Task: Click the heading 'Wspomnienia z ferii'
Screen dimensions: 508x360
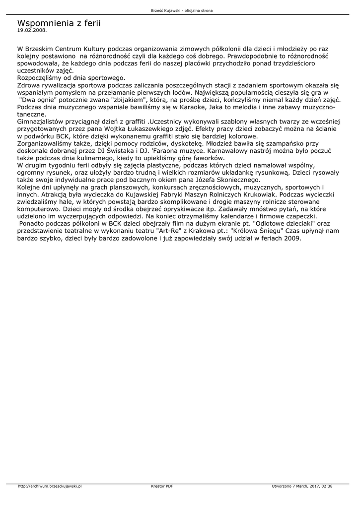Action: [x=59, y=23]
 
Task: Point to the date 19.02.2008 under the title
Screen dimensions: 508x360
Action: [x=32, y=30]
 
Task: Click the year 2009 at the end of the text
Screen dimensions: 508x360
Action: [x=292, y=238]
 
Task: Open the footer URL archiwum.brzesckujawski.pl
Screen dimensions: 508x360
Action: [x=50, y=486]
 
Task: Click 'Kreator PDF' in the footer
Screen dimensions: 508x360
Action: [x=162, y=486]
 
